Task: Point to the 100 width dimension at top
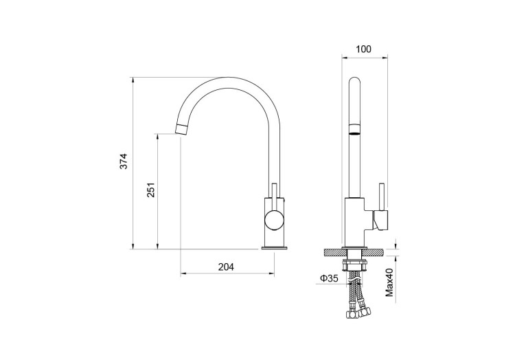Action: [365, 49]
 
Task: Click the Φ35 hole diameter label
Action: [328, 278]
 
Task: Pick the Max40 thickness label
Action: [389, 282]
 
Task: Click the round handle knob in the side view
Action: [273, 221]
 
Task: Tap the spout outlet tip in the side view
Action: [181, 127]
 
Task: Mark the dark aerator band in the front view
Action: [355, 128]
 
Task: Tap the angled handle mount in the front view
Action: [380, 220]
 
